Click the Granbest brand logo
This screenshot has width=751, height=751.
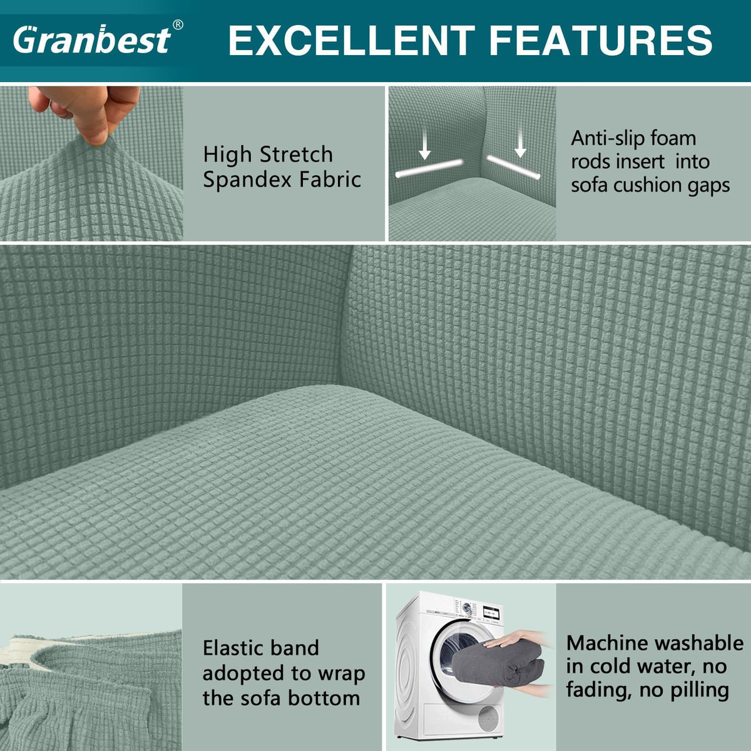point(93,39)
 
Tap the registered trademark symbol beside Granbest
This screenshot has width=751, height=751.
point(177,25)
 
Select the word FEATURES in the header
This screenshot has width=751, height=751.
point(601,40)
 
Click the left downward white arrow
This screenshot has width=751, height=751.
point(425,146)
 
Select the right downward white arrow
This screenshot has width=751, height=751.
point(520,143)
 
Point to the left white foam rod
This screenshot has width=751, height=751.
point(429,168)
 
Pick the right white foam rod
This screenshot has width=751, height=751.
point(514,167)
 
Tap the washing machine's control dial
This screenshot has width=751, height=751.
point(466,606)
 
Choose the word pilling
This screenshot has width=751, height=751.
point(700,691)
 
